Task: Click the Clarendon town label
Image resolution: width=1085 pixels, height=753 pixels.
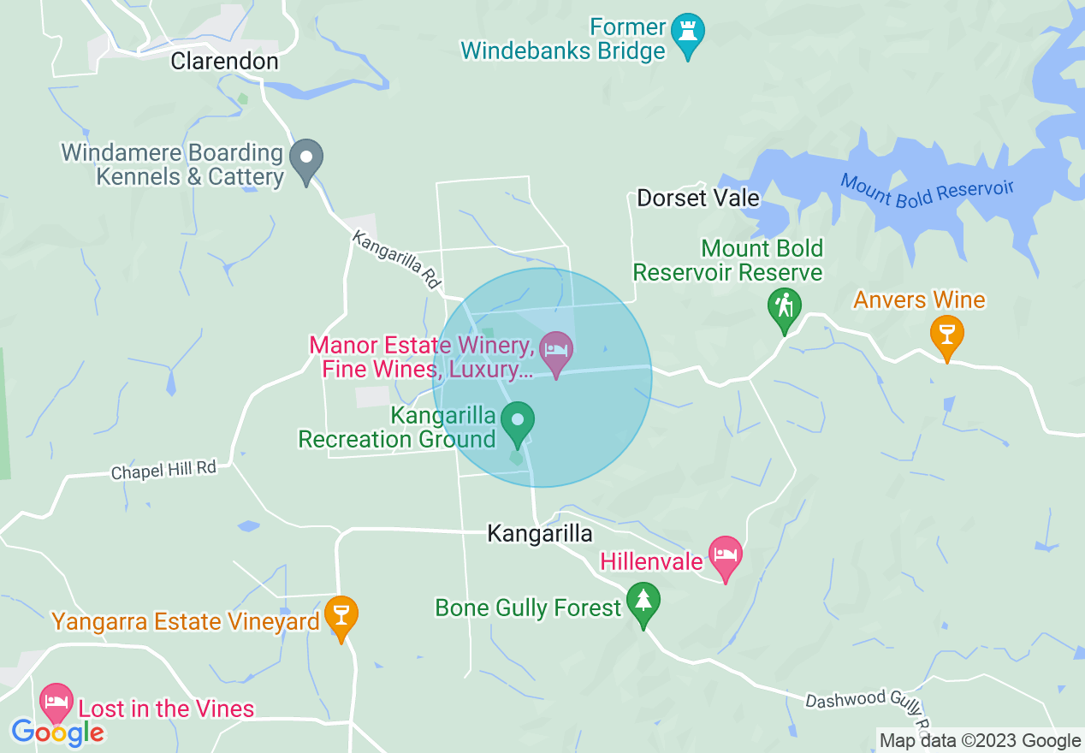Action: click(224, 62)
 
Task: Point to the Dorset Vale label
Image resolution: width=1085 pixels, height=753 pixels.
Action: click(698, 199)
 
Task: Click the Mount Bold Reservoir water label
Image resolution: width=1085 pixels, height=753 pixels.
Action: click(926, 190)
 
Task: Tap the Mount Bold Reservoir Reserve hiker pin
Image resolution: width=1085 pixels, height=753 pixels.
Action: click(784, 309)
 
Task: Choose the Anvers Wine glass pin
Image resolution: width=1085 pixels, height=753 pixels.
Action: click(946, 335)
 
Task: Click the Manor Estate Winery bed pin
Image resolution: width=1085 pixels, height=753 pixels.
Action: click(556, 353)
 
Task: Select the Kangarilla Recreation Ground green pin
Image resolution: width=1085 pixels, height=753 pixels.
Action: click(518, 423)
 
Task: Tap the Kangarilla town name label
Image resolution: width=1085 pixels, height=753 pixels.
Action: click(539, 534)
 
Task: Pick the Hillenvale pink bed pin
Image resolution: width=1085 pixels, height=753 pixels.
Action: click(725, 557)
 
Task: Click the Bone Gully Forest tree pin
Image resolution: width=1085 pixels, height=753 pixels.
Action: click(643, 603)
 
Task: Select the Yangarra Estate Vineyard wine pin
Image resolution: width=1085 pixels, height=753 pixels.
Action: click(341, 617)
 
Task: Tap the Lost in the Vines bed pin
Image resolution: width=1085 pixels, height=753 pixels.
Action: click(56, 703)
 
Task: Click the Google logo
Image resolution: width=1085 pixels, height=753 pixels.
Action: click(57, 732)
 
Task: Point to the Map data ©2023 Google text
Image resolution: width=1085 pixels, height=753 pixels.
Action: click(981, 741)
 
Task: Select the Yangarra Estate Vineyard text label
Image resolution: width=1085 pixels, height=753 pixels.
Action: click(185, 622)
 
